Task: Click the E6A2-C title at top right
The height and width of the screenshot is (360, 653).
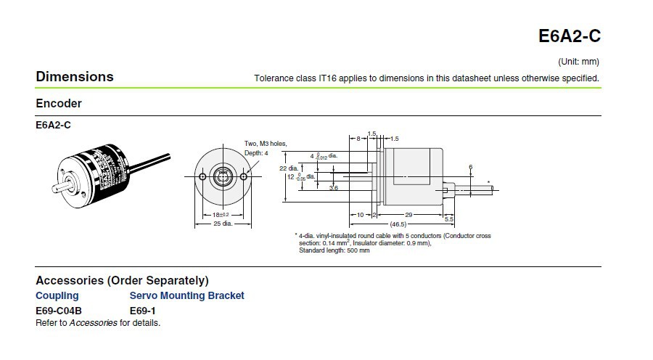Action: pos(569,36)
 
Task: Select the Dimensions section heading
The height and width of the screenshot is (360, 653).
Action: pos(75,77)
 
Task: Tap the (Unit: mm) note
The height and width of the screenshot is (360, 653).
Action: pos(578,62)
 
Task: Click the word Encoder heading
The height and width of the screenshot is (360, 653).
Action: pos(59,104)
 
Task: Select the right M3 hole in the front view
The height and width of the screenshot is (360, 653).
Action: pos(243,176)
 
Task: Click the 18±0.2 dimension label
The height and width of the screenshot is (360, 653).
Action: pos(220,215)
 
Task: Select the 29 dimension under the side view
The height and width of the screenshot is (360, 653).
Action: pos(409,215)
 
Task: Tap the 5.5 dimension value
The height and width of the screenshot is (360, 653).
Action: pos(448,219)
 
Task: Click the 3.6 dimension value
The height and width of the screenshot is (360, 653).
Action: pos(334,188)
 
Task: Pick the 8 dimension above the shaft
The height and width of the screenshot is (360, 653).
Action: pos(358,138)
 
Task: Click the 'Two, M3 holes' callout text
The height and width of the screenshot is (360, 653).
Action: pos(265,144)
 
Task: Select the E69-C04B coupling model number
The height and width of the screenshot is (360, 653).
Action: pos(59,311)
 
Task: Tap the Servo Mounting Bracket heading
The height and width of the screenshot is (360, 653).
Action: pos(186,295)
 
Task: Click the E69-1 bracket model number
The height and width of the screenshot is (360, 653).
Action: pos(143,311)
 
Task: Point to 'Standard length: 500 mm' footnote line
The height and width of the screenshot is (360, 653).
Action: pos(334,250)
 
